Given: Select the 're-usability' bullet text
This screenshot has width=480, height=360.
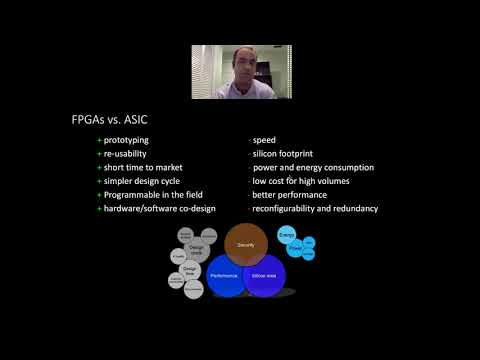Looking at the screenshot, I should coord(127,155).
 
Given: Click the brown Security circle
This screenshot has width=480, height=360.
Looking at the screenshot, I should coord(245,246).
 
